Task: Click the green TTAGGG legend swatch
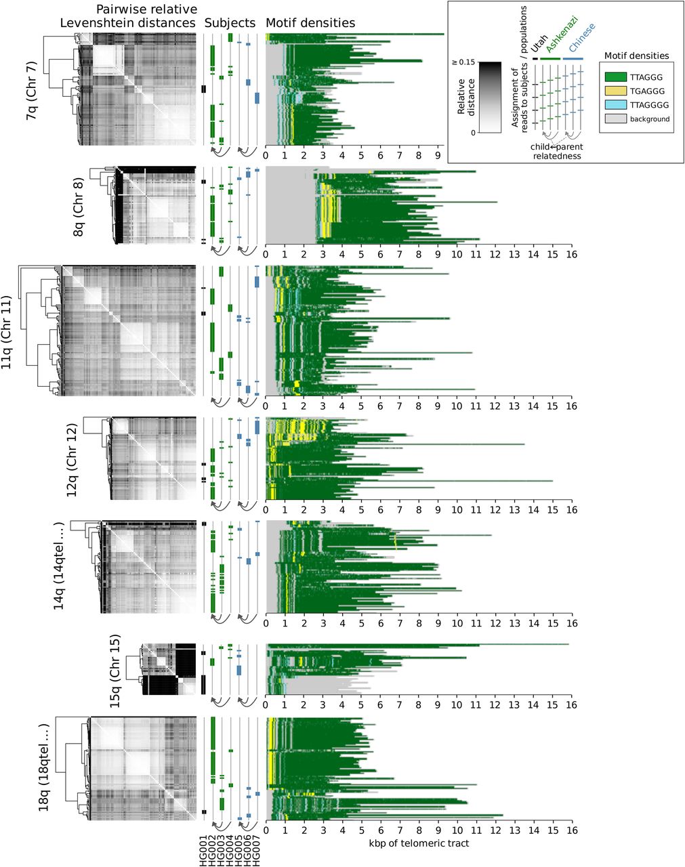(x=615, y=77)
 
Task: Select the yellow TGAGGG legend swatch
(x=615, y=91)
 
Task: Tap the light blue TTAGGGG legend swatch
(x=615, y=105)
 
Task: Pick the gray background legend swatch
(x=615, y=119)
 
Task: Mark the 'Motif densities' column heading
(x=310, y=23)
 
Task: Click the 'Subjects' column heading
(x=230, y=23)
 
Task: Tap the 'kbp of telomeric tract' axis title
(x=419, y=843)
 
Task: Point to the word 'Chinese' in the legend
(x=581, y=39)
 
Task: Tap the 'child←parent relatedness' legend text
(x=556, y=152)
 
